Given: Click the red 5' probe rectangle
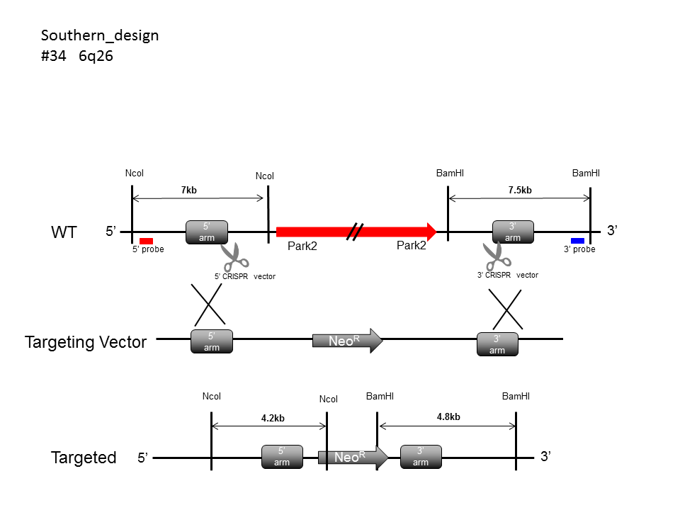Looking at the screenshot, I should [147, 241].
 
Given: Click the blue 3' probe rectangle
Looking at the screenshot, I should [577, 241].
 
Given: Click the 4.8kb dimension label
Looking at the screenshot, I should [448, 417].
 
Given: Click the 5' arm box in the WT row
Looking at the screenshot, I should [207, 232].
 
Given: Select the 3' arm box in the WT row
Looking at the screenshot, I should [513, 232].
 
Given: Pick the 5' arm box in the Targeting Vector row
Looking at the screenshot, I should [212, 342].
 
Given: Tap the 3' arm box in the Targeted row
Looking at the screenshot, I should [421, 457].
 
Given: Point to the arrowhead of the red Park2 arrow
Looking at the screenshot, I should [430, 231].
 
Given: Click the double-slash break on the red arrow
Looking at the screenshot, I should [356, 231].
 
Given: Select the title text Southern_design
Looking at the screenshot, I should [100, 35].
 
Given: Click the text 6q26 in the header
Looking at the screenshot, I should [96, 56].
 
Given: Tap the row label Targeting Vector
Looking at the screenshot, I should [86, 342].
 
